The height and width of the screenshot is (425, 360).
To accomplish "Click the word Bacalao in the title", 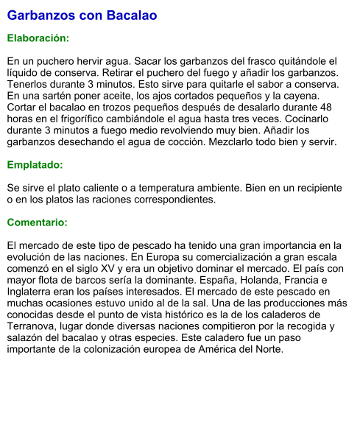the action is click(x=131, y=15).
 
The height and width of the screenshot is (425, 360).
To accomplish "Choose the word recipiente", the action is click(x=316, y=188).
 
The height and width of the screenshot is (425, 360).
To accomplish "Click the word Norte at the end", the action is click(x=267, y=349).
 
